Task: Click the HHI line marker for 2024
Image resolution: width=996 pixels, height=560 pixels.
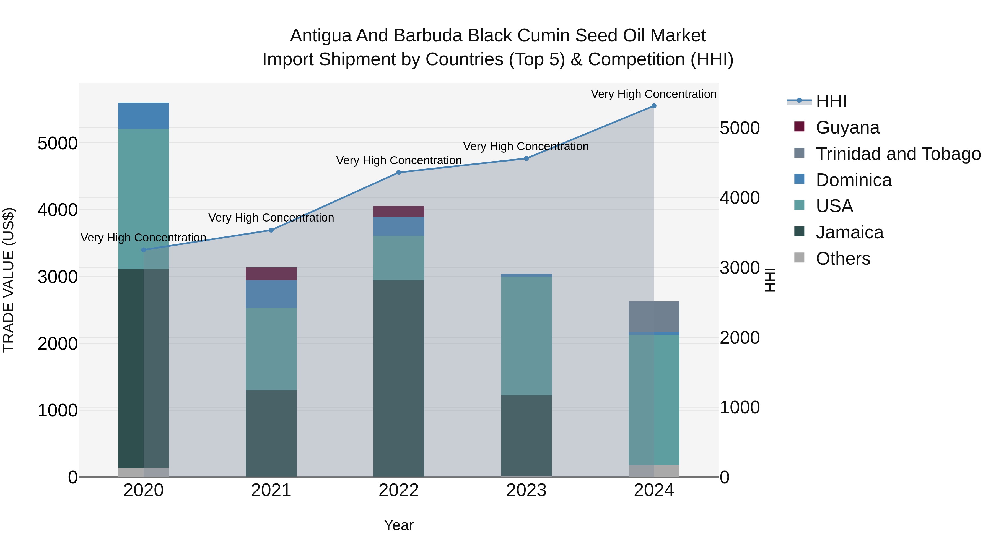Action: [654, 106]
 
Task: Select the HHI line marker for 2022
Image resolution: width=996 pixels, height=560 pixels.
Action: [399, 173]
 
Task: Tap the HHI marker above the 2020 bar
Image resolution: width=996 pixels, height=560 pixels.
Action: [143, 250]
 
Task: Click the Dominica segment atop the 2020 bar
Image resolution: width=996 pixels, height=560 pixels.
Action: [143, 116]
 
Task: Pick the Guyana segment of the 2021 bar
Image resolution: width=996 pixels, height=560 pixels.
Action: [271, 274]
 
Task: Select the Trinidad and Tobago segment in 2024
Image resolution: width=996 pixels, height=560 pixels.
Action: [654, 316]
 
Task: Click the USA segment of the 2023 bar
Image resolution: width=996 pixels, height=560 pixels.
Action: [526, 335]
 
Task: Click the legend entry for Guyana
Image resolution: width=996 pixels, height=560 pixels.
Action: [847, 127]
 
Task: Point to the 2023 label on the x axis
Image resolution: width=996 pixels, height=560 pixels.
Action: [526, 490]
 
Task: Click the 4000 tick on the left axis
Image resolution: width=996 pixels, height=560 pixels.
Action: [57, 210]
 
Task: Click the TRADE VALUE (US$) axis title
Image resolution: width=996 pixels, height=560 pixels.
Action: [9, 280]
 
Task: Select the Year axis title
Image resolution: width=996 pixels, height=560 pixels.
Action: [399, 525]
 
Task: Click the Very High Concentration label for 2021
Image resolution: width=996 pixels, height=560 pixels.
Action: [271, 218]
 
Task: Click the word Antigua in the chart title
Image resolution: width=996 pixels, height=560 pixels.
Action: [320, 36]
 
